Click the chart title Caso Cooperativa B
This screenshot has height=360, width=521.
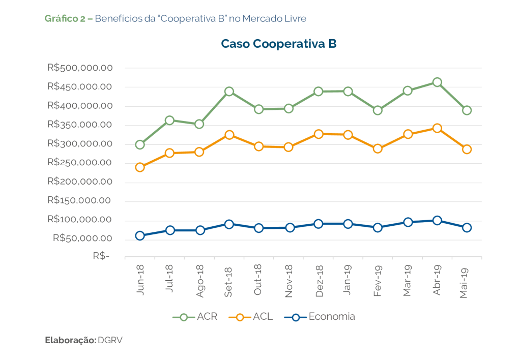pyautogui.click(x=278, y=44)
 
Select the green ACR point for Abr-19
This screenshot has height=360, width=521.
pyautogui.click(x=437, y=82)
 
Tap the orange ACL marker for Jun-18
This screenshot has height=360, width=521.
pyautogui.click(x=140, y=167)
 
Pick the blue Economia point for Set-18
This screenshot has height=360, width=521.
pyautogui.click(x=229, y=224)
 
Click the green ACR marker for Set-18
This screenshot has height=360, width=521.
pyautogui.click(x=229, y=92)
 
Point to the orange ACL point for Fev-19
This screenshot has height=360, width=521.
pyautogui.click(x=378, y=148)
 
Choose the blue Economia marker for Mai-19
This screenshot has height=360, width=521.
pyautogui.click(x=467, y=227)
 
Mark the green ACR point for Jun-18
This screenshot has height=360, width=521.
pyautogui.click(x=140, y=144)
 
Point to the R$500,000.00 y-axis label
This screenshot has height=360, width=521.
pyautogui.click(x=79, y=68)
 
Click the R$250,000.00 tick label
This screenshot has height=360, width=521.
pyautogui.click(x=79, y=163)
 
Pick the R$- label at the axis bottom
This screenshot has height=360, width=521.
pyautogui.click(x=101, y=257)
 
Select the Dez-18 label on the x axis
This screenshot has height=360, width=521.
pyautogui.click(x=319, y=280)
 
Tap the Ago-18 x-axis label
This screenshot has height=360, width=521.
pyautogui.click(x=200, y=280)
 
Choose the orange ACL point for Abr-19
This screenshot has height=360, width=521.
pyautogui.click(x=437, y=128)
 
